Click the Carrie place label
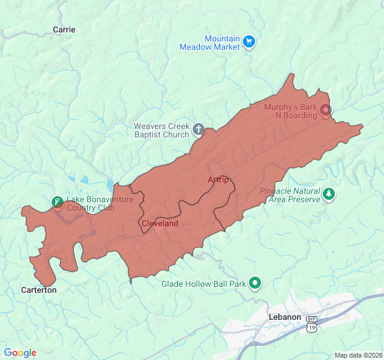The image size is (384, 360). [x=64, y=29]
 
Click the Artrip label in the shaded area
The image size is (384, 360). [x=218, y=180]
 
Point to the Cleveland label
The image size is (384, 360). [x=160, y=223]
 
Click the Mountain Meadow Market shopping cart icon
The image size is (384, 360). [x=250, y=42]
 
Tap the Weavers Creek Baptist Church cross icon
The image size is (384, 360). [x=198, y=129]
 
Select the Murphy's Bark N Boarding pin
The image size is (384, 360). [x=326, y=110]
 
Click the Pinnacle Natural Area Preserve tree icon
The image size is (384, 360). [x=328, y=194]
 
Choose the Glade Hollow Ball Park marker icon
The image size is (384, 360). [x=256, y=282]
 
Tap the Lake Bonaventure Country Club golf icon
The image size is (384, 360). [x=58, y=202]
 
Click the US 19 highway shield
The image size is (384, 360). [x=311, y=328]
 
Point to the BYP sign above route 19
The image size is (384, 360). [x=311, y=319]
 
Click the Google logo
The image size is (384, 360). [x=20, y=353]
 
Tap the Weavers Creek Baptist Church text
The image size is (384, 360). [x=161, y=130]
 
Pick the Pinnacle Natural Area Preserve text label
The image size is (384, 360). [x=290, y=195]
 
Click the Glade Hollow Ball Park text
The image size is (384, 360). [x=204, y=284]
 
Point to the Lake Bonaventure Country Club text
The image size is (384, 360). [x=90, y=203]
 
